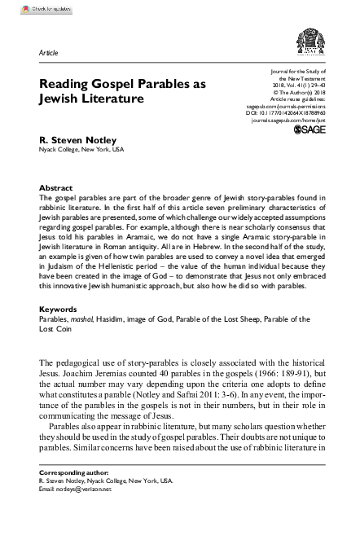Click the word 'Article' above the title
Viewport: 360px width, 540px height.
(48, 52)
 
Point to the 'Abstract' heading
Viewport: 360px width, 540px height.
(55, 187)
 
